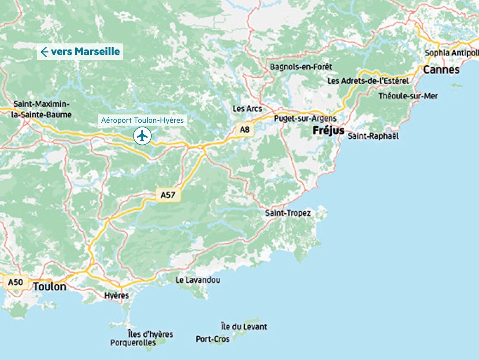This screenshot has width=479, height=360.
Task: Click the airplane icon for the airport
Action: tap(142, 136)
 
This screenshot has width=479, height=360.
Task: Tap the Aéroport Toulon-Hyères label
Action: tap(143, 120)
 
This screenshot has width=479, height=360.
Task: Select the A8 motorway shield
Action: tap(245, 130)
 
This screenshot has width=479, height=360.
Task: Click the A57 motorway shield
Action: tap(168, 195)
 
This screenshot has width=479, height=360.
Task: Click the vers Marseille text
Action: tap(85, 52)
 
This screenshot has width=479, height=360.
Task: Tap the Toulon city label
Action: tap(50, 286)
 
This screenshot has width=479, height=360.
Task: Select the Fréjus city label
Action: tap(328, 131)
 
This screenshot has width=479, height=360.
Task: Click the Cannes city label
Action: tap(441, 69)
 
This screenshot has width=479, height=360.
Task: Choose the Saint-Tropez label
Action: tap(288, 213)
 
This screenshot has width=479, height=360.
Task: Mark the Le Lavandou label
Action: tap(198, 280)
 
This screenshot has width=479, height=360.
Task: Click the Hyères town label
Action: tap(117, 296)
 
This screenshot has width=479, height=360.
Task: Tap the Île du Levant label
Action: tap(244, 327)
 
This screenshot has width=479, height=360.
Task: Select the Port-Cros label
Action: tap(212, 339)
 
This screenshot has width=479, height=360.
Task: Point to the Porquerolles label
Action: tap(133, 343)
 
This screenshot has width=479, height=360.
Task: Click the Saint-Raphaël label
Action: tap(373, 136)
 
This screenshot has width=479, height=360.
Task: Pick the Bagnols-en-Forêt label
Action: tap(301, 67)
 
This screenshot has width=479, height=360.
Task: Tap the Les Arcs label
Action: tap(248, 109)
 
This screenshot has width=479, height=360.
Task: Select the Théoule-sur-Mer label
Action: tap(408, 96)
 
